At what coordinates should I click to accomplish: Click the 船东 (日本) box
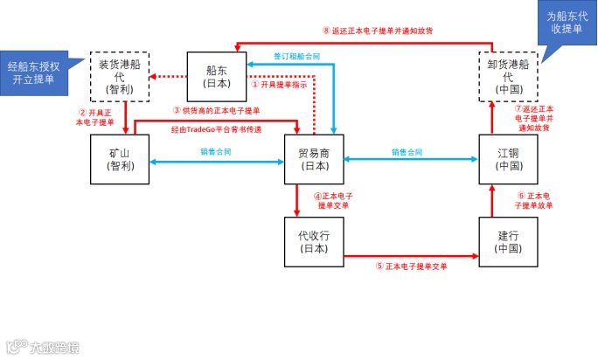[215, 77]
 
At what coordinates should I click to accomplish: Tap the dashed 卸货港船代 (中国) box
[507, 77]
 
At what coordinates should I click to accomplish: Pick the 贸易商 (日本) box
[313, 159]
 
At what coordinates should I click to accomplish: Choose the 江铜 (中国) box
[507, 159]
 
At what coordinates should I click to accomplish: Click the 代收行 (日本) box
[313, 241]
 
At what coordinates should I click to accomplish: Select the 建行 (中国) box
[507, 241]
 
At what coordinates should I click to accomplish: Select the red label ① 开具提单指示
[278, 86]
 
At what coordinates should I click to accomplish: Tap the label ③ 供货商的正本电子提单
[216, 111]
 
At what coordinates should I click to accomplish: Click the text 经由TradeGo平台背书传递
[217, 129]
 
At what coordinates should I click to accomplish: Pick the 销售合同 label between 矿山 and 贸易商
[215, 152]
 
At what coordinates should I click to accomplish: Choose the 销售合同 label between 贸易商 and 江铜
[407, 152]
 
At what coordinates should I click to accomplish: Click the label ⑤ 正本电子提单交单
[411, 266]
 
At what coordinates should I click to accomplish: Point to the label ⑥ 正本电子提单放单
[534, 200]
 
